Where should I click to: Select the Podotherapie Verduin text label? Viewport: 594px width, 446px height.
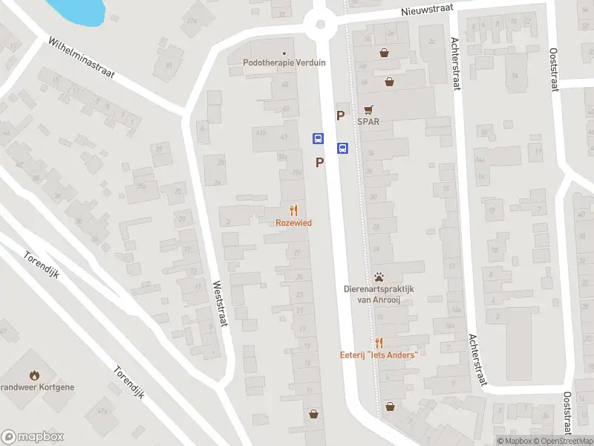click(x=284, y=63)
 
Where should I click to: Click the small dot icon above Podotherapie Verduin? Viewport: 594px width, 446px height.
click(x=284, y=53)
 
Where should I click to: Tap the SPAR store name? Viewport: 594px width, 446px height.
click(x=368, y=121)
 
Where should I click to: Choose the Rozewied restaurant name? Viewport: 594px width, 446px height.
click(x=294, y=222)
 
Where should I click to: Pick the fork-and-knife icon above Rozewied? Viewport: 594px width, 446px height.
click(x=294, y=210)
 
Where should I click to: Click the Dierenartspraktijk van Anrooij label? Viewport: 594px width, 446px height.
click(x=379, y=294)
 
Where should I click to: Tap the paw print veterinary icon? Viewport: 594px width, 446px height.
click(x=379, y=277)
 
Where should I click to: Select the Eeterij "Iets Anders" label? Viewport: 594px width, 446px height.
click(x=379, y=354)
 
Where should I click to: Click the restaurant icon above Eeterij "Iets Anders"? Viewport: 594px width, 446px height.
click(x=379, y=342)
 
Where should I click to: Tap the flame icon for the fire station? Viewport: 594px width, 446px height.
click(x=33, y=374)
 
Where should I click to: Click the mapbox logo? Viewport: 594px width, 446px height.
click(x=33, y=437)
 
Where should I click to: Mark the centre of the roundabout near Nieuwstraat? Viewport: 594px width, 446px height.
click(x=321, y=24)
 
